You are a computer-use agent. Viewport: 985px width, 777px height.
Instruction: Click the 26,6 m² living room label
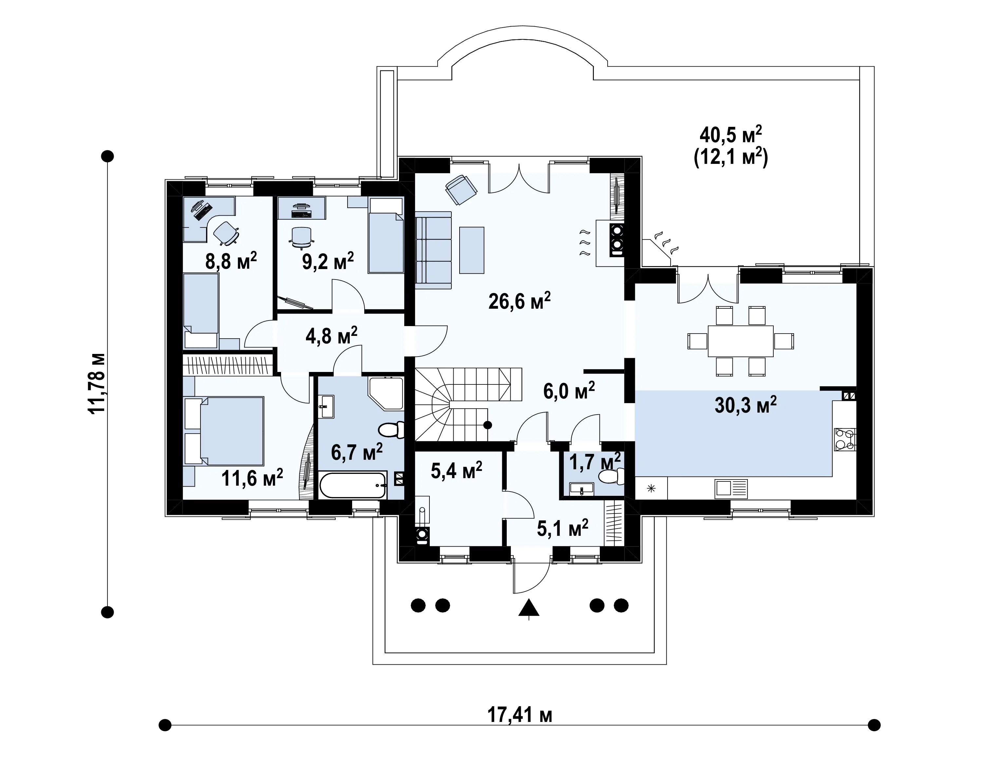click(519, 301)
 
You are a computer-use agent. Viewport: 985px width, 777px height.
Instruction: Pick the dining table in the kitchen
click(740, 341)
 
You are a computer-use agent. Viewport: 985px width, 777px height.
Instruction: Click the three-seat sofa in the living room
click(433, 252)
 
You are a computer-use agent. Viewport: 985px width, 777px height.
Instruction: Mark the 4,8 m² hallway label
click(331, 336)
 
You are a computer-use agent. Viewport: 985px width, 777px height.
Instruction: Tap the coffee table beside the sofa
click(472, 250)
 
